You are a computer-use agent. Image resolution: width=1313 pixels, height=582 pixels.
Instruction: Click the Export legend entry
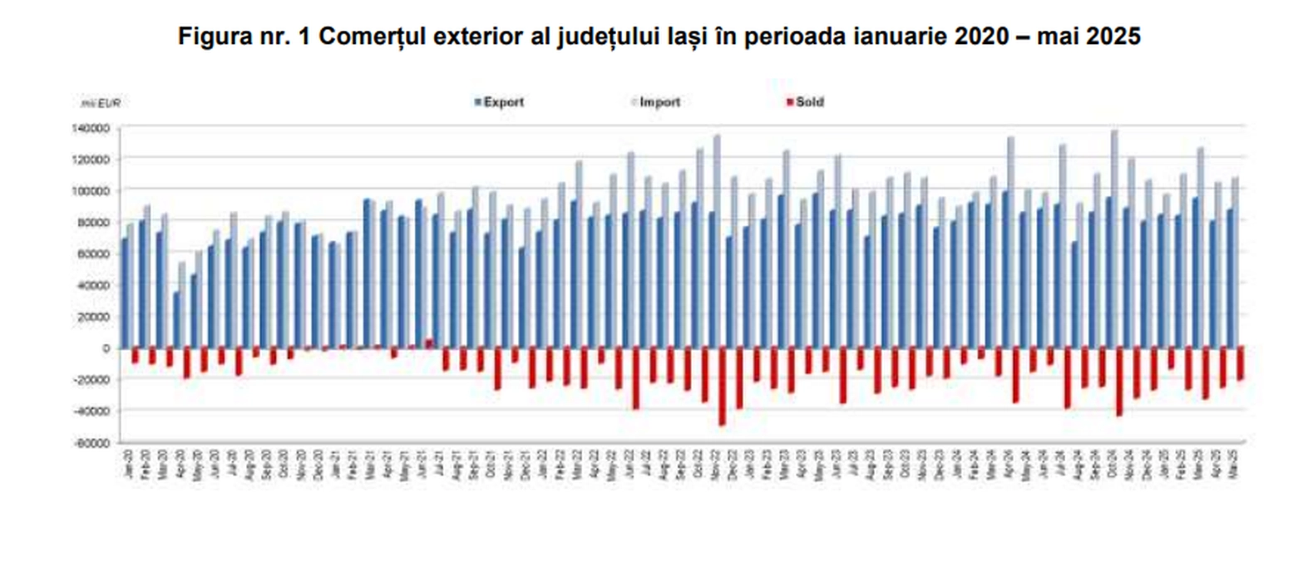pos(502,102)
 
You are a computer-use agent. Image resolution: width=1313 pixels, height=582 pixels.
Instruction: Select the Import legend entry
pos(659,102)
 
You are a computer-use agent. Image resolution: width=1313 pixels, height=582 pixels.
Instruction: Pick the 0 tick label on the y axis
pos(106,348)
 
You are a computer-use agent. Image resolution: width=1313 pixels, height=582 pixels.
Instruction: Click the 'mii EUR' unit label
pos(101,103)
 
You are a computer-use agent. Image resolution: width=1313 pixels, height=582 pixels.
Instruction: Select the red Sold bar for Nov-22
pos(722,386)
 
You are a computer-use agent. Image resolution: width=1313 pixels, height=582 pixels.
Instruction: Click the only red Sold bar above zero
pos(429,343)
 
